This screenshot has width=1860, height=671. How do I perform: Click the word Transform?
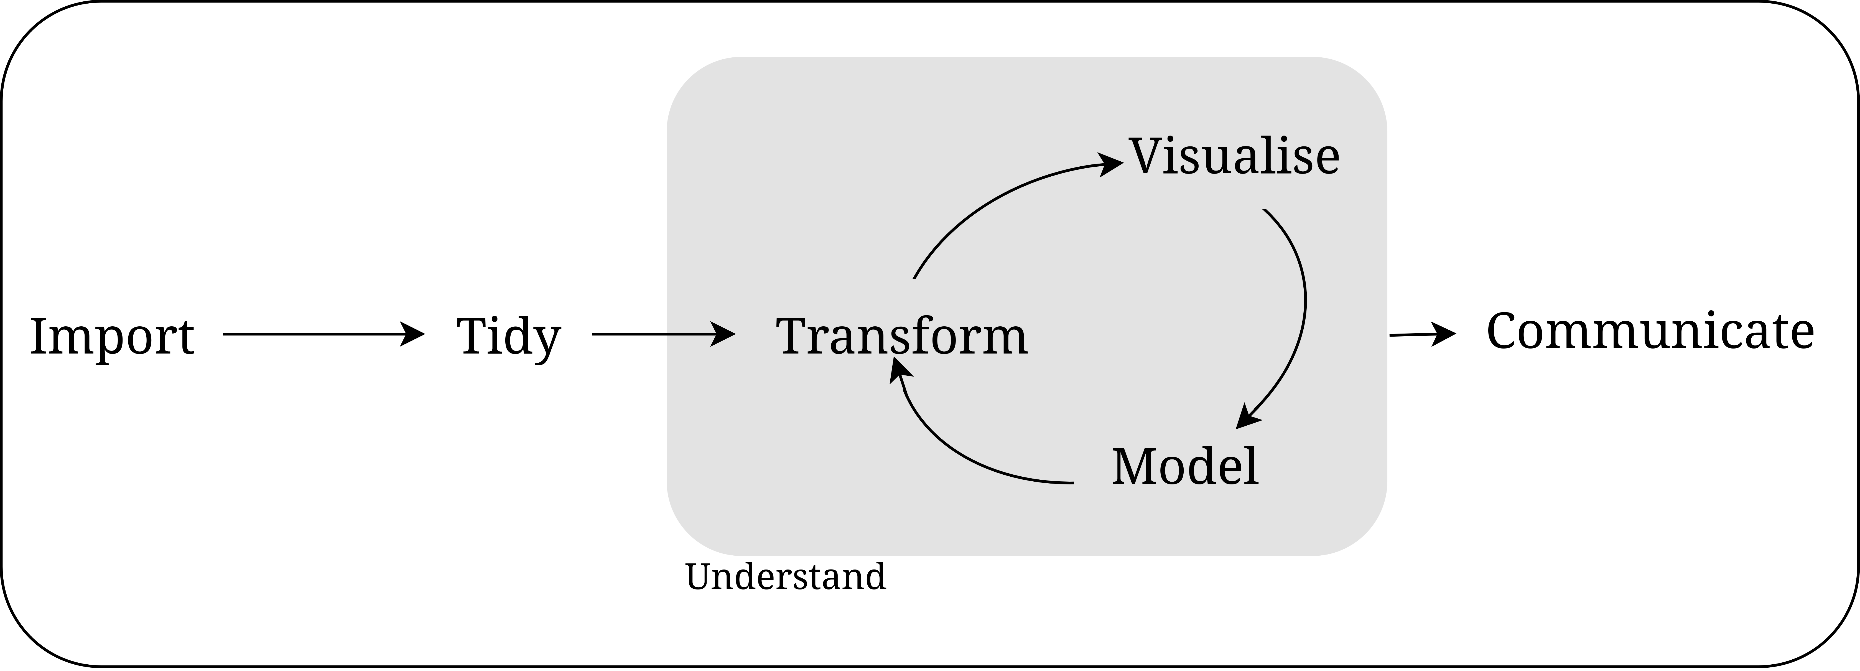click(x=901, y=337)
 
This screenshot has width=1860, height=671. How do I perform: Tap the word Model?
click(x=1185, y=467)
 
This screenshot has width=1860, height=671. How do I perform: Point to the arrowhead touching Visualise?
click(x=1110, y=163)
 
